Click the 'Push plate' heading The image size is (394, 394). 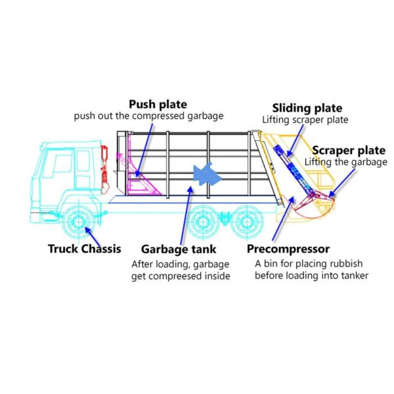point(158,104)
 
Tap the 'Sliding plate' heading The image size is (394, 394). point(307,108)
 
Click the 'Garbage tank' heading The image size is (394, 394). point(179,250)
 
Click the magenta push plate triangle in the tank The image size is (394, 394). point(142,180)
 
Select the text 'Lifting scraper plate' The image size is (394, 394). point(305,120)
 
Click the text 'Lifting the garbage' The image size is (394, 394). point(346,162)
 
